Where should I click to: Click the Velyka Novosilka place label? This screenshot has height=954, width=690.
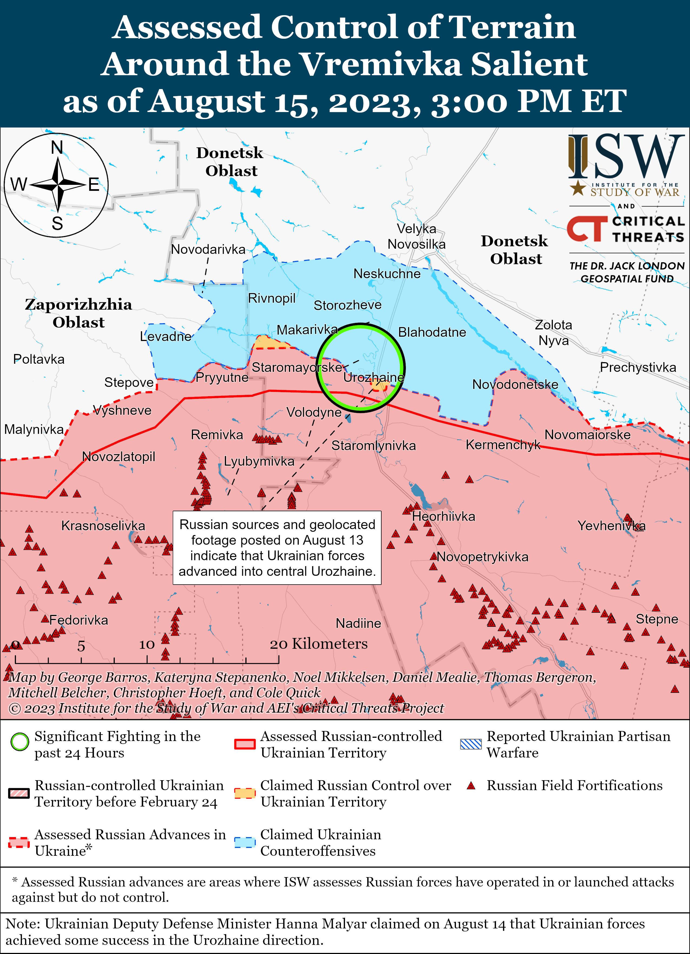416,236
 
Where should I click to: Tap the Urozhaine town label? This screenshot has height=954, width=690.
373,377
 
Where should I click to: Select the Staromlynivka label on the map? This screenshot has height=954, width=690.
373,445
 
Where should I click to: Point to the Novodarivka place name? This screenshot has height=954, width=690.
208,250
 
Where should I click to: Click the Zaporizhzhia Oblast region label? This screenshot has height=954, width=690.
78,313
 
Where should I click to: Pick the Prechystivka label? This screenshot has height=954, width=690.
638,367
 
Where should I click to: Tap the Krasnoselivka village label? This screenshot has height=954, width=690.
103,526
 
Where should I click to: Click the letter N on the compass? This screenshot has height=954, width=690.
57,148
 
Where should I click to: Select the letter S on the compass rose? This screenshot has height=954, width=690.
57,223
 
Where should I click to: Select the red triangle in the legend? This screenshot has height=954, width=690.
471,786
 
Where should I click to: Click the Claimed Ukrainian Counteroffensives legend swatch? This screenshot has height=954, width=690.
245,842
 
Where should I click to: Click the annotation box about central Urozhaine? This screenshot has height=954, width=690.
277,548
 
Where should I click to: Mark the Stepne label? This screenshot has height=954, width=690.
656,619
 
